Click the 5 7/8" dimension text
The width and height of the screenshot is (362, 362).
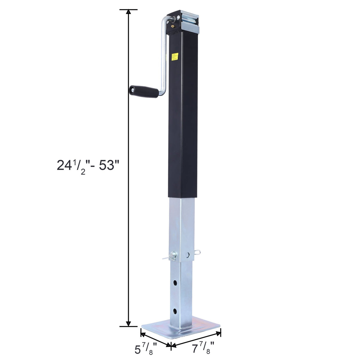pos(145,350)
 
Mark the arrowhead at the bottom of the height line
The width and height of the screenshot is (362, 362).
pos(128,323)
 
